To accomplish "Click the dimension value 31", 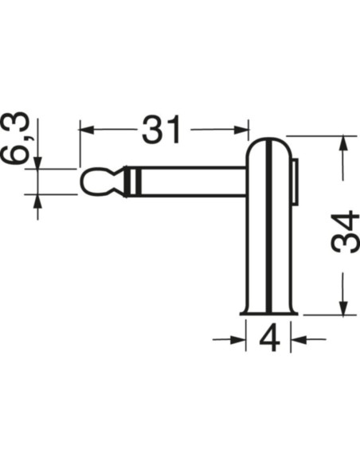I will pos(162,131).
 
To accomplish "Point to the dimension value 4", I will pos(270,340).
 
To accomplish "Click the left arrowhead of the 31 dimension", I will pos(86,128).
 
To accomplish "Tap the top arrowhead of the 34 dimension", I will pos(343,143).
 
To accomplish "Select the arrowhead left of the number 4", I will pos(238,340).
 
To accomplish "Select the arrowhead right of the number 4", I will pos(299,340).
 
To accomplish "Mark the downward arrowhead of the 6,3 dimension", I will pos(37,162).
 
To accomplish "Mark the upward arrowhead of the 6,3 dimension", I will pos(37,201).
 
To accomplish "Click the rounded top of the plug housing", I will pos(270,141).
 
